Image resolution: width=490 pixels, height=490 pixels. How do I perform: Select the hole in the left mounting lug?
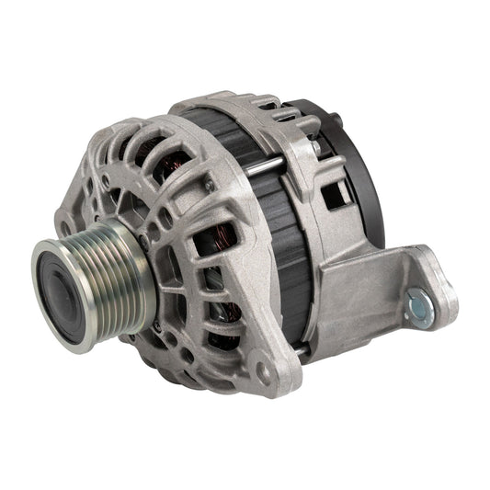click(70, 221)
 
